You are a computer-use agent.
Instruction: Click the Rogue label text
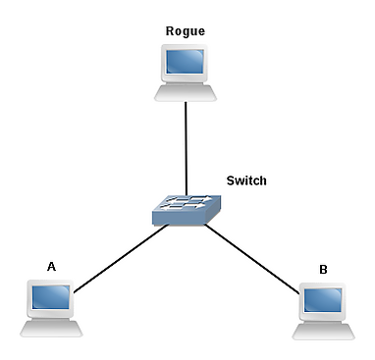[x=186, y=31]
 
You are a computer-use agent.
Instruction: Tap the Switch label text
[x=246, y=180]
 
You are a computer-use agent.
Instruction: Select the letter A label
[x=51, y=267]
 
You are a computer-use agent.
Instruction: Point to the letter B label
[x=323, y=270]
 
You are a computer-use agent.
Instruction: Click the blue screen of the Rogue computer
[x=186, y=62]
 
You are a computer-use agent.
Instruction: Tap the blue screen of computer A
[x=51, y=297]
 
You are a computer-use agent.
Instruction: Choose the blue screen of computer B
[x=323, y=300]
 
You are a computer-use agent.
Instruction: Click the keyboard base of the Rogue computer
[x=186, y=93]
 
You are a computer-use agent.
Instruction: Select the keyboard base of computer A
[x=51, y=329]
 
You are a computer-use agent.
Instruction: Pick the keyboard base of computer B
[x=323, y=332]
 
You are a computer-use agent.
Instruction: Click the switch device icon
[x=187, y=210]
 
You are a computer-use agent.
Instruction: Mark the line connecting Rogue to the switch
[x=186, y=149]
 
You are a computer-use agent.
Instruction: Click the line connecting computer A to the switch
[x=121, y=258]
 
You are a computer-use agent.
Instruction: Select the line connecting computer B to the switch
[x=252, y=259]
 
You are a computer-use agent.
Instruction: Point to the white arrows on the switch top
[x=187, y=202]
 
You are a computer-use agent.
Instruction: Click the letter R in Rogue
[x=170, y=31]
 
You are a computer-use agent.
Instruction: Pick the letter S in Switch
[x=231, y=180]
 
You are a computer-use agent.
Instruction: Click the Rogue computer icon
[x=186, y=73]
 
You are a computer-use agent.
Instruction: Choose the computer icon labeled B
[x=323, y=311]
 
